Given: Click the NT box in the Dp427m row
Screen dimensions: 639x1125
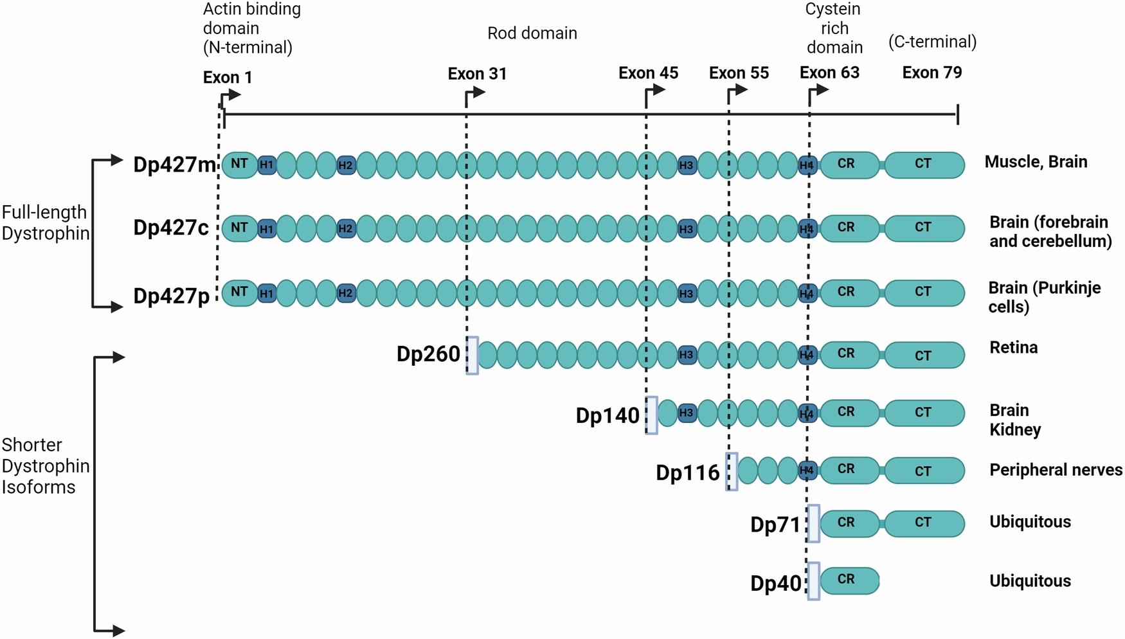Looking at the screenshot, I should pyautogui.click(x=239, y=165).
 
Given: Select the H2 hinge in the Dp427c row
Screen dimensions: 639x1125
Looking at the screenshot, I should pyautogui.click(x=346, y=229).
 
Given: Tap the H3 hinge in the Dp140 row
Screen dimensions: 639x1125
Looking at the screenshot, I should pyautogui.click(x=687, y=413).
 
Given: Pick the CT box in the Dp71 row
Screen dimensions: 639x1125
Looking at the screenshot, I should pyautogui.click(x=924, y=523).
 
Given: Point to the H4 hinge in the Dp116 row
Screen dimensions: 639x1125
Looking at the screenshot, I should pyautogui.click(x=807, y=471).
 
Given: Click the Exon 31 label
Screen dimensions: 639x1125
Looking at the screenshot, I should pyautogui.click(x=477, y=74).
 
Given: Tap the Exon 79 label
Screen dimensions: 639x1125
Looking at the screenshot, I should pyautogui.click(x=932, y=73).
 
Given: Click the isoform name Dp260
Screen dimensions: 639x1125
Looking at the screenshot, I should pyautogui.click(x=428, y=354).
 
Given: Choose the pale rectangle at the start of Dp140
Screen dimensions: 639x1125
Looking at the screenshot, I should pyautogui.click(x=651, y=415).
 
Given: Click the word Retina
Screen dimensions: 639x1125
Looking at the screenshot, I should pyautogui.click(x=1013, y=348).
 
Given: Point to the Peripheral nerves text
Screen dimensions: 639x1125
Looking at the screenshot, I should pyautogui.click(x=1055, y=470).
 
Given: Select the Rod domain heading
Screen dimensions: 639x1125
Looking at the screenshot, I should pyautogui.click(x=532, y=33).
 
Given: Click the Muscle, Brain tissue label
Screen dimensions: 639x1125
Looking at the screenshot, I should pyautogui.click(x=1036, y=162).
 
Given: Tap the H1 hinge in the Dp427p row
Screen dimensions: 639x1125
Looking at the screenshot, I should pyautogui.click(x=267, y=294).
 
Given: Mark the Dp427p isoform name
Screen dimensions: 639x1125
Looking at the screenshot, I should pyautogui.click(x=171, y=296).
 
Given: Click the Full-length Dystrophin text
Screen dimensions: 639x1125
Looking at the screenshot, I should pyautogui.click(x=45, y=222).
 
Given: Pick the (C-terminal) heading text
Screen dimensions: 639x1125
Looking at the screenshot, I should pyautogui.click(x=932, y=42).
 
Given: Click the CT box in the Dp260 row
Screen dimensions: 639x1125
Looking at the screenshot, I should pyautogui.click(x=924, y=355).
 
